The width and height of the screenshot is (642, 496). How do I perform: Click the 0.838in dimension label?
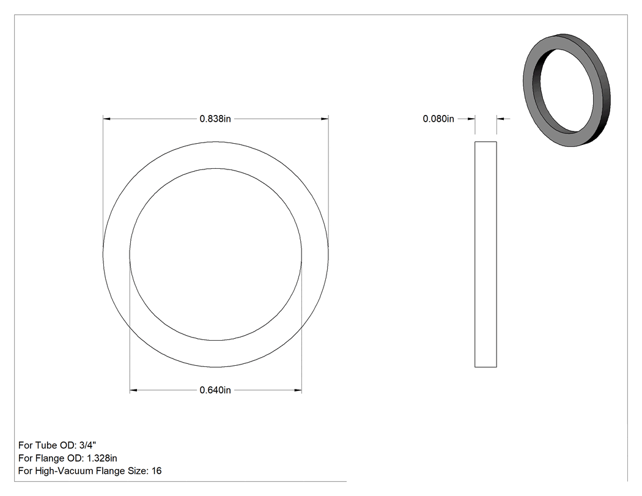pos(215,119)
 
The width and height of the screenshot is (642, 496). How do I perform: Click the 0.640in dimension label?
pos(215,390)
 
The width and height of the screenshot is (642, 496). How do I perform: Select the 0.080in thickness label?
pos(438,119)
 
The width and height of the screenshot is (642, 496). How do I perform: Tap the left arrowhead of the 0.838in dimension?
pos(106,119)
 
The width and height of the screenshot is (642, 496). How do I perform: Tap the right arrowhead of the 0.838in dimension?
pos(325,119)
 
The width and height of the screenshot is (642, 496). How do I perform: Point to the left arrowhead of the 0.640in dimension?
pos(133,390)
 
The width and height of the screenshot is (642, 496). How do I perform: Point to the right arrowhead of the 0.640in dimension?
pos(298,390)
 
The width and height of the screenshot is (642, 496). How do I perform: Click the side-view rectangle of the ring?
pos(485,254)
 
